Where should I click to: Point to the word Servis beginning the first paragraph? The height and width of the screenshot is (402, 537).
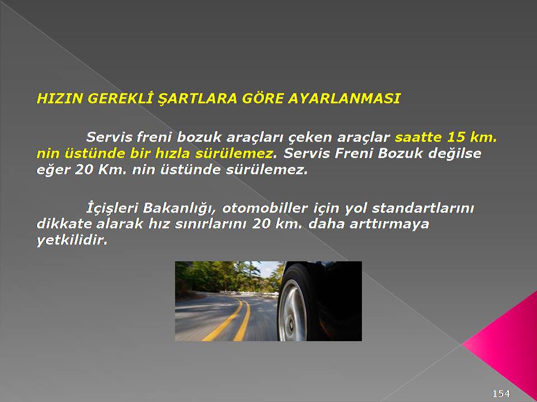(x=109, y=137)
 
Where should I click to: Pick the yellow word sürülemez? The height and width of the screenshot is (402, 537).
(x=235, y=154)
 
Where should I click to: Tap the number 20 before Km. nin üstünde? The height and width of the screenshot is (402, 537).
(x=84, y=170)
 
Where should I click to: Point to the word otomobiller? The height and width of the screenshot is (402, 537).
(x=265, y=208)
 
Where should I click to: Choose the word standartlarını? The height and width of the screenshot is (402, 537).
(x=423, y=208)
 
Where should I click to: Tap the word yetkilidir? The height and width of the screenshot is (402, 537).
(x=72, y=241)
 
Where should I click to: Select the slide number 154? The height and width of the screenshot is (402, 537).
(x=501, y=394)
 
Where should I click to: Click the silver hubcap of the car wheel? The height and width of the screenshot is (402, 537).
(x=293, y=310)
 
